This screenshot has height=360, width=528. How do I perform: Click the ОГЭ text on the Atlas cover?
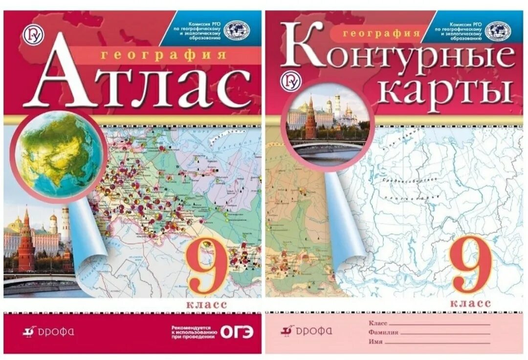click(x=237, y=332)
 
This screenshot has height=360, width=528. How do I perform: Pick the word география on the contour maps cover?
click(x=382, y=34)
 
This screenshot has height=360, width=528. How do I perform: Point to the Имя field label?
click(x=375, y=342)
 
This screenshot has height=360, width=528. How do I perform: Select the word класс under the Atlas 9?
click(x=206, y=305)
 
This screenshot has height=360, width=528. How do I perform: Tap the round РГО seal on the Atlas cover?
click(x=236, y=30)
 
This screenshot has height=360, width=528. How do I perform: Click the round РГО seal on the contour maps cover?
click(x=497, y=31)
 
